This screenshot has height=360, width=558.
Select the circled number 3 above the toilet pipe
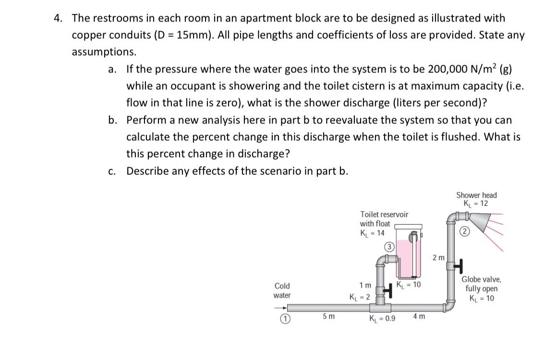(x=389, y=248)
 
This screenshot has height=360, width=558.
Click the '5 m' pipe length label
(x=329, y=317)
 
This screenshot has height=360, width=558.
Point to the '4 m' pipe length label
(x=418, y=317)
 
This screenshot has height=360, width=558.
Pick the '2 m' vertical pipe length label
(x=438, y=258)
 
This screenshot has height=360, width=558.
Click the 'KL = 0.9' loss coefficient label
(x=382, y=318)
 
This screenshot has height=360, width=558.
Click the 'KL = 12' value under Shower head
(x=476, y=204)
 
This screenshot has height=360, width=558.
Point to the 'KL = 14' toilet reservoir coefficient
(x=372, y=233)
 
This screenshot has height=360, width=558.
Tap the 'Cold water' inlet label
(x=282, y=290)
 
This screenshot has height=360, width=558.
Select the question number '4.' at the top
(x=58, y=18)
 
